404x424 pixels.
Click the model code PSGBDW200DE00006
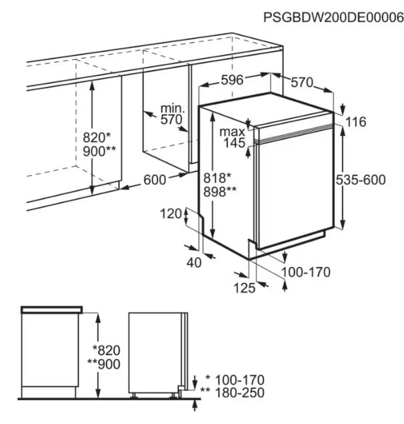[x=333, y=17]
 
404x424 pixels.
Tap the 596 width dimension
[x=232, y=79]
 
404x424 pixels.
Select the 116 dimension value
[x=356, y=122]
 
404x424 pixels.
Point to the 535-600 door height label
[x=361, y=180]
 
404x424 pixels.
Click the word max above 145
[x=232, y=132]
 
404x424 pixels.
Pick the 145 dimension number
[x=235, y=143]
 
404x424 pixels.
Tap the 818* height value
[x=217, y=178]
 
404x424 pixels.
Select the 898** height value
[x=219, y=192]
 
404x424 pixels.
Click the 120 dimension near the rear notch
[x=171, y=214]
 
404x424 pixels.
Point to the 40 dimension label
[x=194, y=262]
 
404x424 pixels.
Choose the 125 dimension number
[x=244, y=288]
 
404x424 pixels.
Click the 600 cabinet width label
[x=155, y=180]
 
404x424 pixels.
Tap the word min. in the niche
[x=173, y=108]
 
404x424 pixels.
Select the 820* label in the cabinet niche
[x=97, y=138]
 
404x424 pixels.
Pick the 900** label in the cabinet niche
[x=99, y=151]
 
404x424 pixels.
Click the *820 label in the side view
[x=106, y=350]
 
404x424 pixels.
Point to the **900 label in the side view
[x=104, y=365]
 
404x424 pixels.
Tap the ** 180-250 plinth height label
[x=232, y=393]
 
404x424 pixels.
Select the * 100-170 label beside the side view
[x=235, y=380]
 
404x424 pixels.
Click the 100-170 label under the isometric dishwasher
[x=306, y=272]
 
